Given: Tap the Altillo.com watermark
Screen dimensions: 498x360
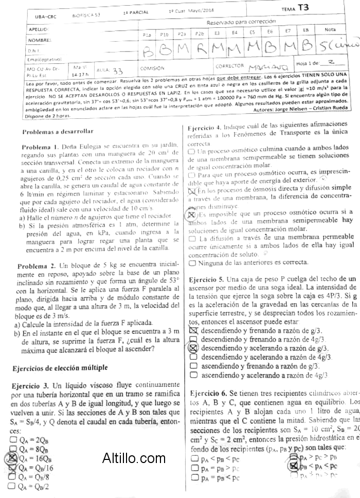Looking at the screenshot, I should click(x=134, y=457).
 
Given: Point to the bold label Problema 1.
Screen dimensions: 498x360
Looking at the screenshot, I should click(x=40, y=147).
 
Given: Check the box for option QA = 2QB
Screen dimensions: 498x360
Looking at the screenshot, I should click(x=13, y=439).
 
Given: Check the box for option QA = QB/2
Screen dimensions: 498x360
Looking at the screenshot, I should click(x=13, y=486).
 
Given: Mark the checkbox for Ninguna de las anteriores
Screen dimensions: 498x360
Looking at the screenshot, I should click(x=192, y=263).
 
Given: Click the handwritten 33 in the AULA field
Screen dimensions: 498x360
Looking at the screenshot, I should click(x=117, y=70).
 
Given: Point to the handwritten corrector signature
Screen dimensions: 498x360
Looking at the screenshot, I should click(x=263, y=67).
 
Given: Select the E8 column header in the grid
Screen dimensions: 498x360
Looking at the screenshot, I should click(x=305, y=31).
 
